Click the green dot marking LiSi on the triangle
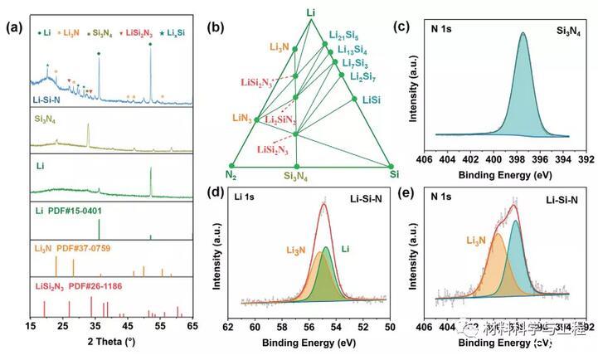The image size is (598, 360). (x=354, y=99)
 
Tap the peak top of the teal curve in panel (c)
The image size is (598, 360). (x=523, y=33)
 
